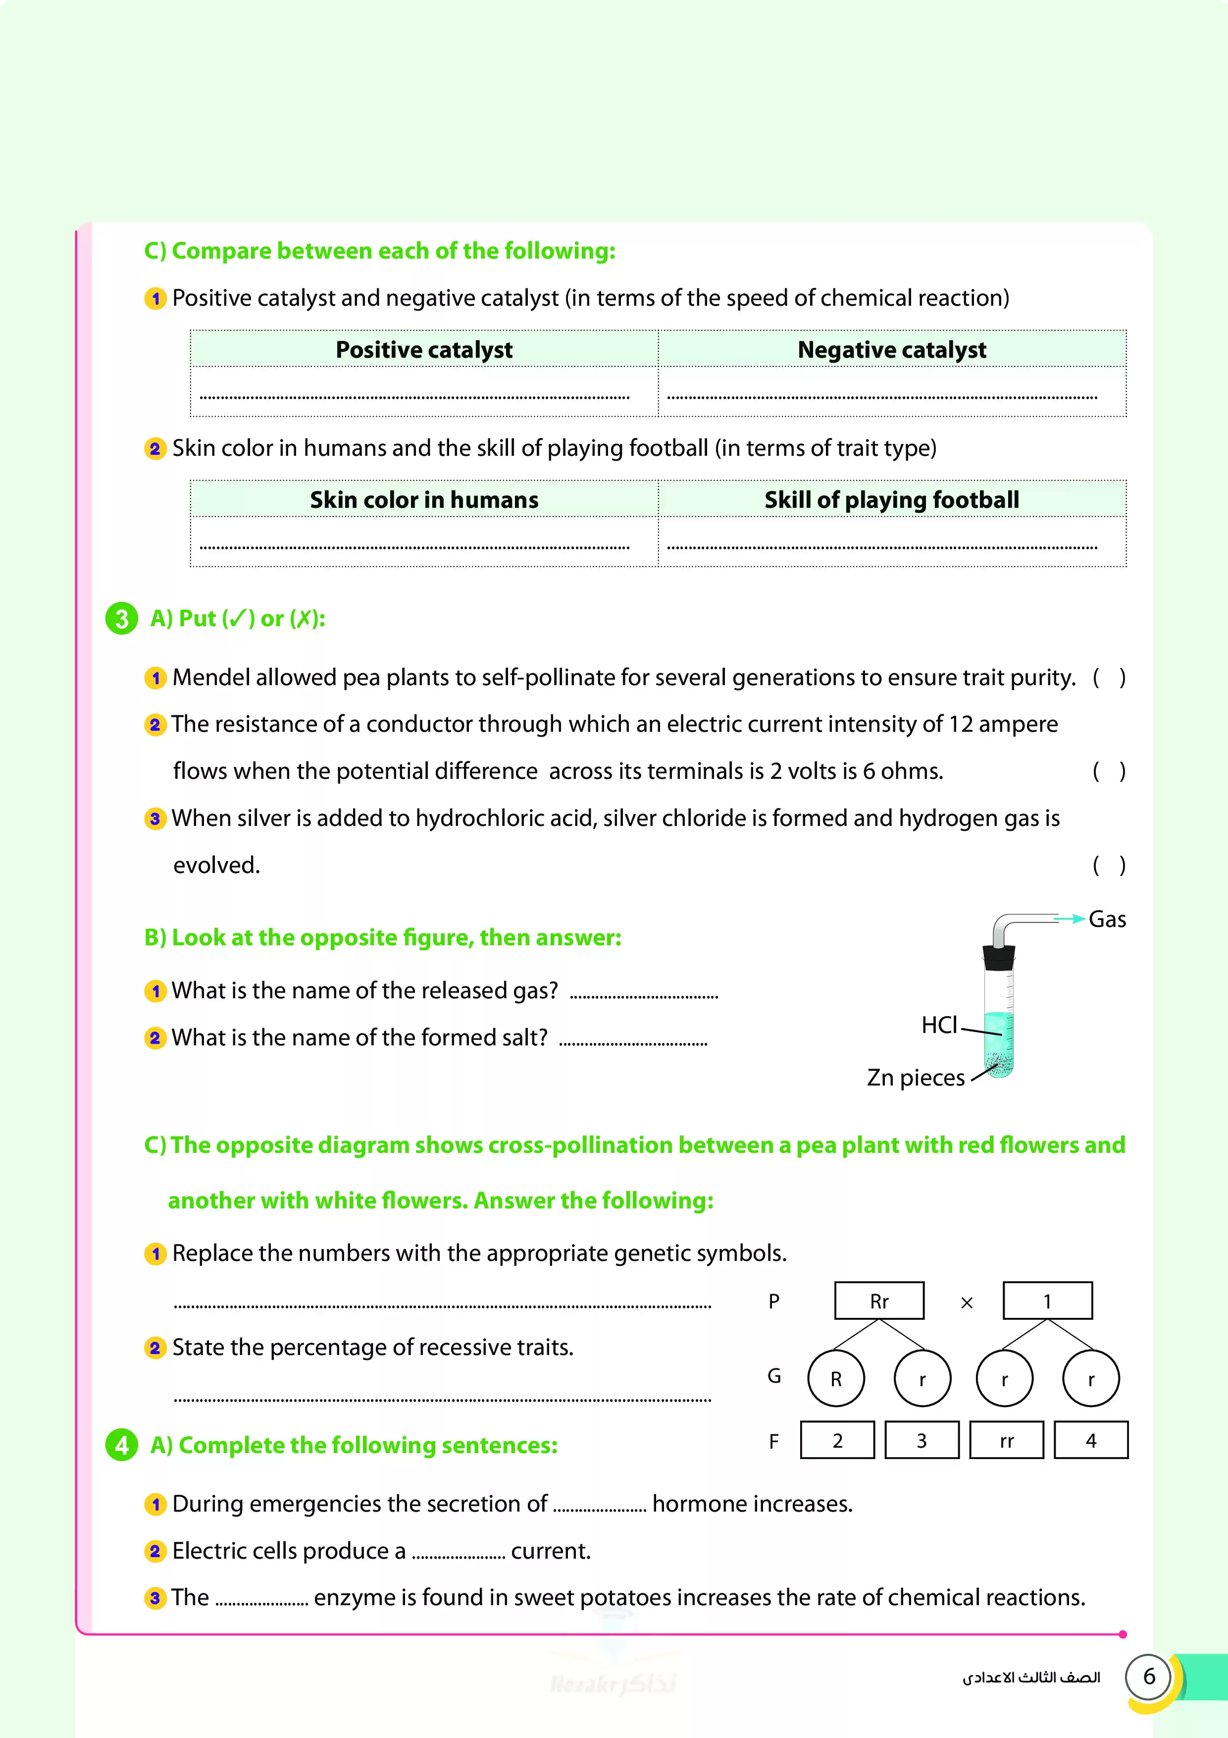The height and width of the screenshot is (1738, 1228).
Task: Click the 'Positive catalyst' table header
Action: (x=424, y=350)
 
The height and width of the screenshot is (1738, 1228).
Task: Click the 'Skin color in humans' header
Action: (x=424, y=499)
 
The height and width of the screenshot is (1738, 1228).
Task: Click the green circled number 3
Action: (x=121, y=618)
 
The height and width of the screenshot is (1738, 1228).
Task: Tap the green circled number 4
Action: (x=121, y=1445)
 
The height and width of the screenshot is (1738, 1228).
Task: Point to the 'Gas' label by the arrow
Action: (x=1107, y=920)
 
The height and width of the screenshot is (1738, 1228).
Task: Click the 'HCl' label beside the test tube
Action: (x=939, y=1025)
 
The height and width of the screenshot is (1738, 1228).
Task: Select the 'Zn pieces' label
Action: (x=916, y=1077)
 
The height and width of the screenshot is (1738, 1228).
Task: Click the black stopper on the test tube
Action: (x=999, y=958)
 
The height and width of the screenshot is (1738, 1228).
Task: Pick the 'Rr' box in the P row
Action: (x=879, y=1301)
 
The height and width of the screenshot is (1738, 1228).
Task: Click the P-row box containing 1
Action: (x=1047, y=1301)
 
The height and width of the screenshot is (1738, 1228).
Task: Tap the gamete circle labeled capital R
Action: (x=836, y=1378)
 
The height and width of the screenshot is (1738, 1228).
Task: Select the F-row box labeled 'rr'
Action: (x=1006, y=1441)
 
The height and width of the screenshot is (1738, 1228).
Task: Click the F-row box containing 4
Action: (x=1091, y=1441)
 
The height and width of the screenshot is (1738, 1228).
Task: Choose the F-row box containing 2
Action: (x=838, y=1441)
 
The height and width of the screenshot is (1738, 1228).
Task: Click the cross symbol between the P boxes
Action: (x=966, y=1303)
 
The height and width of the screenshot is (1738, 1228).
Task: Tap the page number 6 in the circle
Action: (x=1149, y=1677)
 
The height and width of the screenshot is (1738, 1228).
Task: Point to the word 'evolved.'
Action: (x=216, y=865)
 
